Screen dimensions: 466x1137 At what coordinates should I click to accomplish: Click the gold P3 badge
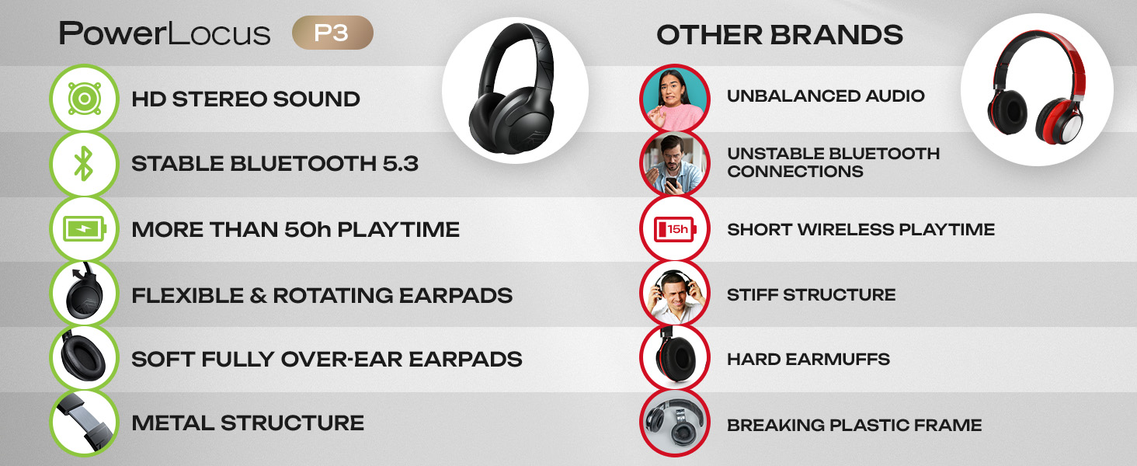pos(332,33)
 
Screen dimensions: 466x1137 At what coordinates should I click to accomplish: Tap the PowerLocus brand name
pos(165,34)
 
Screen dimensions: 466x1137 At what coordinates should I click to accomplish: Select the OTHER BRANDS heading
pos(780,35)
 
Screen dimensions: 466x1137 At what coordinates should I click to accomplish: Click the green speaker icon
pos(83,99)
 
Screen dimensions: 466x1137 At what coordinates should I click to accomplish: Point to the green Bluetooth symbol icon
pos(83,164)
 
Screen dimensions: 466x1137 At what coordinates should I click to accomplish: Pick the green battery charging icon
pos(83,229)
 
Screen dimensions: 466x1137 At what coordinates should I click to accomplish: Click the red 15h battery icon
pos(673,229)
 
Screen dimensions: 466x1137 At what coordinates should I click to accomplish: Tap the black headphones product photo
pos(514,89)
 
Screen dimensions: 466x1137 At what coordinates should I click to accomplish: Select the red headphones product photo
pos(1036,89)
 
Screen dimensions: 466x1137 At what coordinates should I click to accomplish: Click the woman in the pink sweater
pos(673,97)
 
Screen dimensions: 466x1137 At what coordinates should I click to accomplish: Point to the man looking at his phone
pos(673,163)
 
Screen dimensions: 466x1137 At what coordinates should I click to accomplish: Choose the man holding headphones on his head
pos(673,294)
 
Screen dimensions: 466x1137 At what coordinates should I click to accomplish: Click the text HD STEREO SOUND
pos(245,99)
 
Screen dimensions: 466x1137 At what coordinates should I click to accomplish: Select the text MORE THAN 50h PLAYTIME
pos(295,230)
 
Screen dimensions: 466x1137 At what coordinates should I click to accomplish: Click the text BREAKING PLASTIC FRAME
pos(854,426)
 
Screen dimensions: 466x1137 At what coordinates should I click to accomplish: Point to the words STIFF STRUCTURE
pos(811,295)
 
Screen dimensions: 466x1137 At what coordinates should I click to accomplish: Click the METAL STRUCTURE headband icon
pos(83,423)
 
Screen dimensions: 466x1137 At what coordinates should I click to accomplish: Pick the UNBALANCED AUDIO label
pos(826,96)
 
